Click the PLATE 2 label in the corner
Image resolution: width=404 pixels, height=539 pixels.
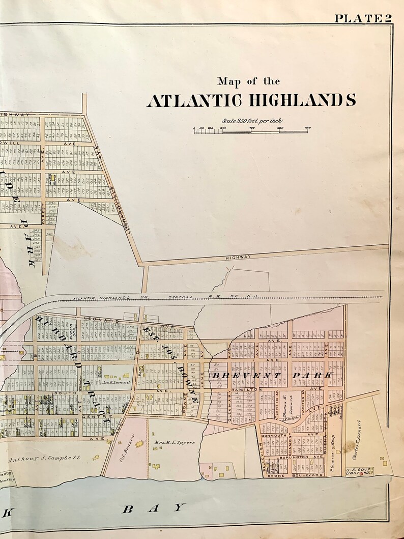363,18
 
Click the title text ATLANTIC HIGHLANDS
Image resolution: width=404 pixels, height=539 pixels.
251,100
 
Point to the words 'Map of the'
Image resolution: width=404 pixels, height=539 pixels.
248,81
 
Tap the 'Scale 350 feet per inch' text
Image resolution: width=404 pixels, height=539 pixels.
251,121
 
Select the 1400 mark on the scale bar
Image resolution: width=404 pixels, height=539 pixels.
307,128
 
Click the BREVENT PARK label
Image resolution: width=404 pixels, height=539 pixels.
272,376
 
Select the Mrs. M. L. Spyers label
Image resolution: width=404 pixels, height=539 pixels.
174,443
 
